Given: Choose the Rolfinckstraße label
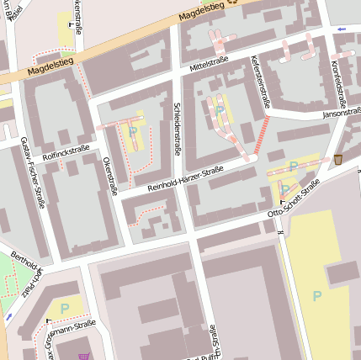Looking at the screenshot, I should pyautogui.click(x=66, y=151).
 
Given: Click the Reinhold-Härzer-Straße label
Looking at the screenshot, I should pyautogui.click(x=185, y=177).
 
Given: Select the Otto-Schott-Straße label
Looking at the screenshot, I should pyautogui.click(x=294, y=200).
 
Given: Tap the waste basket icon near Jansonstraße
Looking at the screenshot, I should pyautogui.click(x=338, y=159).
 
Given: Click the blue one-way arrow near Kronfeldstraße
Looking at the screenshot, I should pyautogui.click(x=341, y=29).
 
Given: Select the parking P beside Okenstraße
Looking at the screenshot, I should pyautogui.click(x=133, y=131).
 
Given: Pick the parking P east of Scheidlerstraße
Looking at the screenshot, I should pyautogui.click(x=220, y=109).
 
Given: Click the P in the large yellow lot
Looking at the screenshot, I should pyautogui.click(x=316, y=295).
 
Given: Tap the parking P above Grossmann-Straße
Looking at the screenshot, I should pyautogui.click(x=65, y=309).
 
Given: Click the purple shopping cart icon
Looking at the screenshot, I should pyautogui.click(x=82, y=356).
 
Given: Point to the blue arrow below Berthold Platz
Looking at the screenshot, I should pyautogui.click(x=8, y=316).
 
